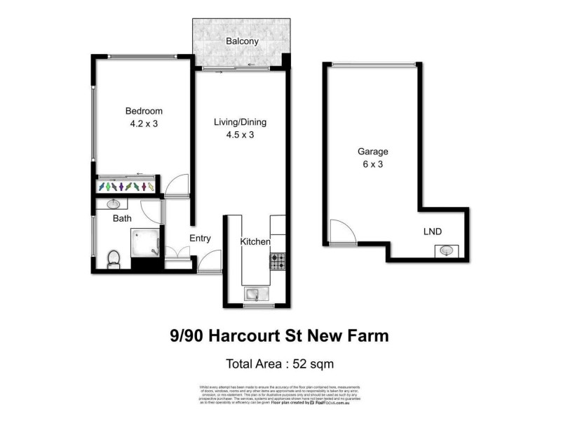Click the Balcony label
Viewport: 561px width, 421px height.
click(x=242, y=41)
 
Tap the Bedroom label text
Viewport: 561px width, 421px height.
click(x=144, y=111)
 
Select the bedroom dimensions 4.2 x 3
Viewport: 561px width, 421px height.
click(x=144, y=124)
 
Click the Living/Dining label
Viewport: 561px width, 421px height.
click(x=240, y=122)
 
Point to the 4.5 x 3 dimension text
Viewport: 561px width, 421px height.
click(x=240, y=135)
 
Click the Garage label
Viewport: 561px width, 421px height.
click(x=372, y=151)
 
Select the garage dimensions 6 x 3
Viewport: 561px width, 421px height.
click(x=372, y=164)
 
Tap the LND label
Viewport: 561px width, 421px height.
click(x=433, y=232)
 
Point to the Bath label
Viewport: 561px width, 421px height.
click(x=122, y=219)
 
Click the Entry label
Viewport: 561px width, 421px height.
click(x=200, y=239)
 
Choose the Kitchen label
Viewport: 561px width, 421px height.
click(x=255, y=242)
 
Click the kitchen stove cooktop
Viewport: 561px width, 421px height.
click(x=278, y=262)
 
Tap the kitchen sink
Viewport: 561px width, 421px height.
click(x=256, y=293)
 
